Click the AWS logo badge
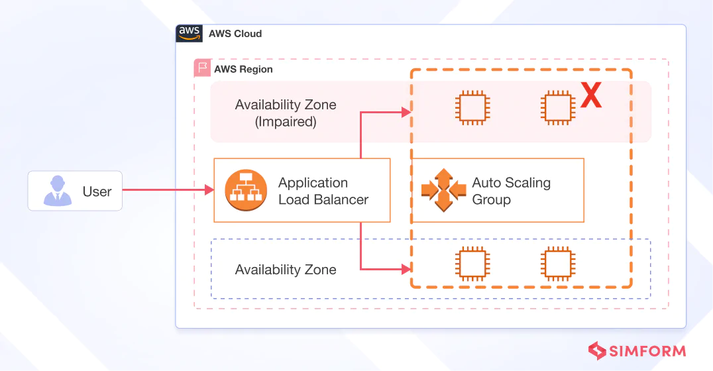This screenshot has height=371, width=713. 189,34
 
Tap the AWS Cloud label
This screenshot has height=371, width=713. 235,34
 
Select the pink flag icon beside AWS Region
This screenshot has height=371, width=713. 202,68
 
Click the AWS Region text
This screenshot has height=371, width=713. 243,70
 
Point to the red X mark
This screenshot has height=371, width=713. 591,95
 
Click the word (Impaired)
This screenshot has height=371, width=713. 286,122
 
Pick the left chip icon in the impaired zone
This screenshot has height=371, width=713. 472,108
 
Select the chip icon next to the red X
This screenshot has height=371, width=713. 558,108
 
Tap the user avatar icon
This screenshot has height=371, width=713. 57,191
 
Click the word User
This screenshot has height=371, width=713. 97,191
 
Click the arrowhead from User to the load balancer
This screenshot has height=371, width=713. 209,189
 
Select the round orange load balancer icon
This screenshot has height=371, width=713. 246,191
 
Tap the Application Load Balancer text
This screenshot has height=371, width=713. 323,191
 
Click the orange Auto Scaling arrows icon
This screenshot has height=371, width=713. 444,190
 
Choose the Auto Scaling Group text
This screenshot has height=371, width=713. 511,191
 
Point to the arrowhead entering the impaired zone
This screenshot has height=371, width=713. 406,113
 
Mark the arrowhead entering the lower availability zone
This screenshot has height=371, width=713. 406,269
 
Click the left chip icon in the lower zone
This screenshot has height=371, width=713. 472,264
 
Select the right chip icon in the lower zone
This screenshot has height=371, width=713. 558,264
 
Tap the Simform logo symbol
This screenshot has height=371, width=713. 596,351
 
